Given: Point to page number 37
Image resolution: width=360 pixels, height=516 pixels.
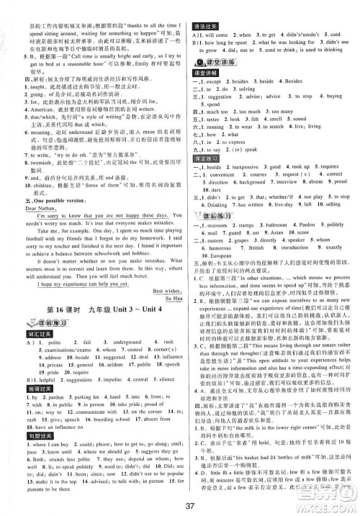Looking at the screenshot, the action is click(x=180, y=501).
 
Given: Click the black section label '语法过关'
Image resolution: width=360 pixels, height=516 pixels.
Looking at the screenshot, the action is click(x=204, y=6).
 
